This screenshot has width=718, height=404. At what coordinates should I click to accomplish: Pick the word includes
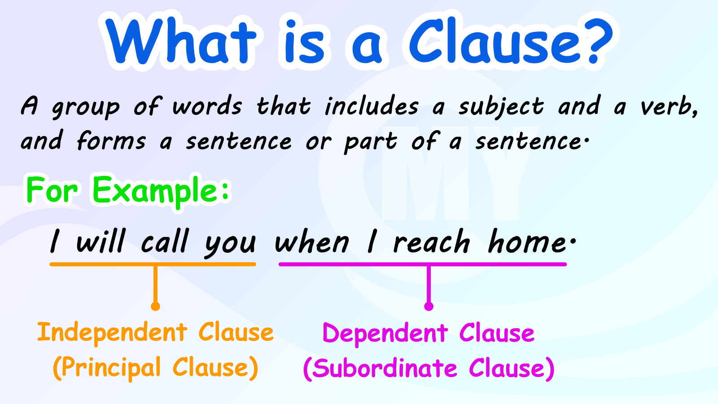click(372, 107)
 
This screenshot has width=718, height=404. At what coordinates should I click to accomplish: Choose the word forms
click(111, 141)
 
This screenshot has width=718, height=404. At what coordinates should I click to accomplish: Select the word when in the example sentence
click(312, 243)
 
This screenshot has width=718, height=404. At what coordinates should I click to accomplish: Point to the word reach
click(431, 243)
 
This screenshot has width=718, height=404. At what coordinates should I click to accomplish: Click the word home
click(527, 243)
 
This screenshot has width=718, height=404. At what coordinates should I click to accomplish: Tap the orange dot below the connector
click(155, 307)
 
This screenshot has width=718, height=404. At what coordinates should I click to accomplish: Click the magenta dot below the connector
click(429, 307)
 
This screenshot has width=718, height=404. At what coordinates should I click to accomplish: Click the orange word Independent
click(112, 333)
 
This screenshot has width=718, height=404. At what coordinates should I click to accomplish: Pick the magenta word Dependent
click(385, 334)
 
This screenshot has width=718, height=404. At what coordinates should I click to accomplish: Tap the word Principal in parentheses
click(111, 368)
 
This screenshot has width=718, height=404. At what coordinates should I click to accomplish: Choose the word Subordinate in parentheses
click(385, 369)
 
